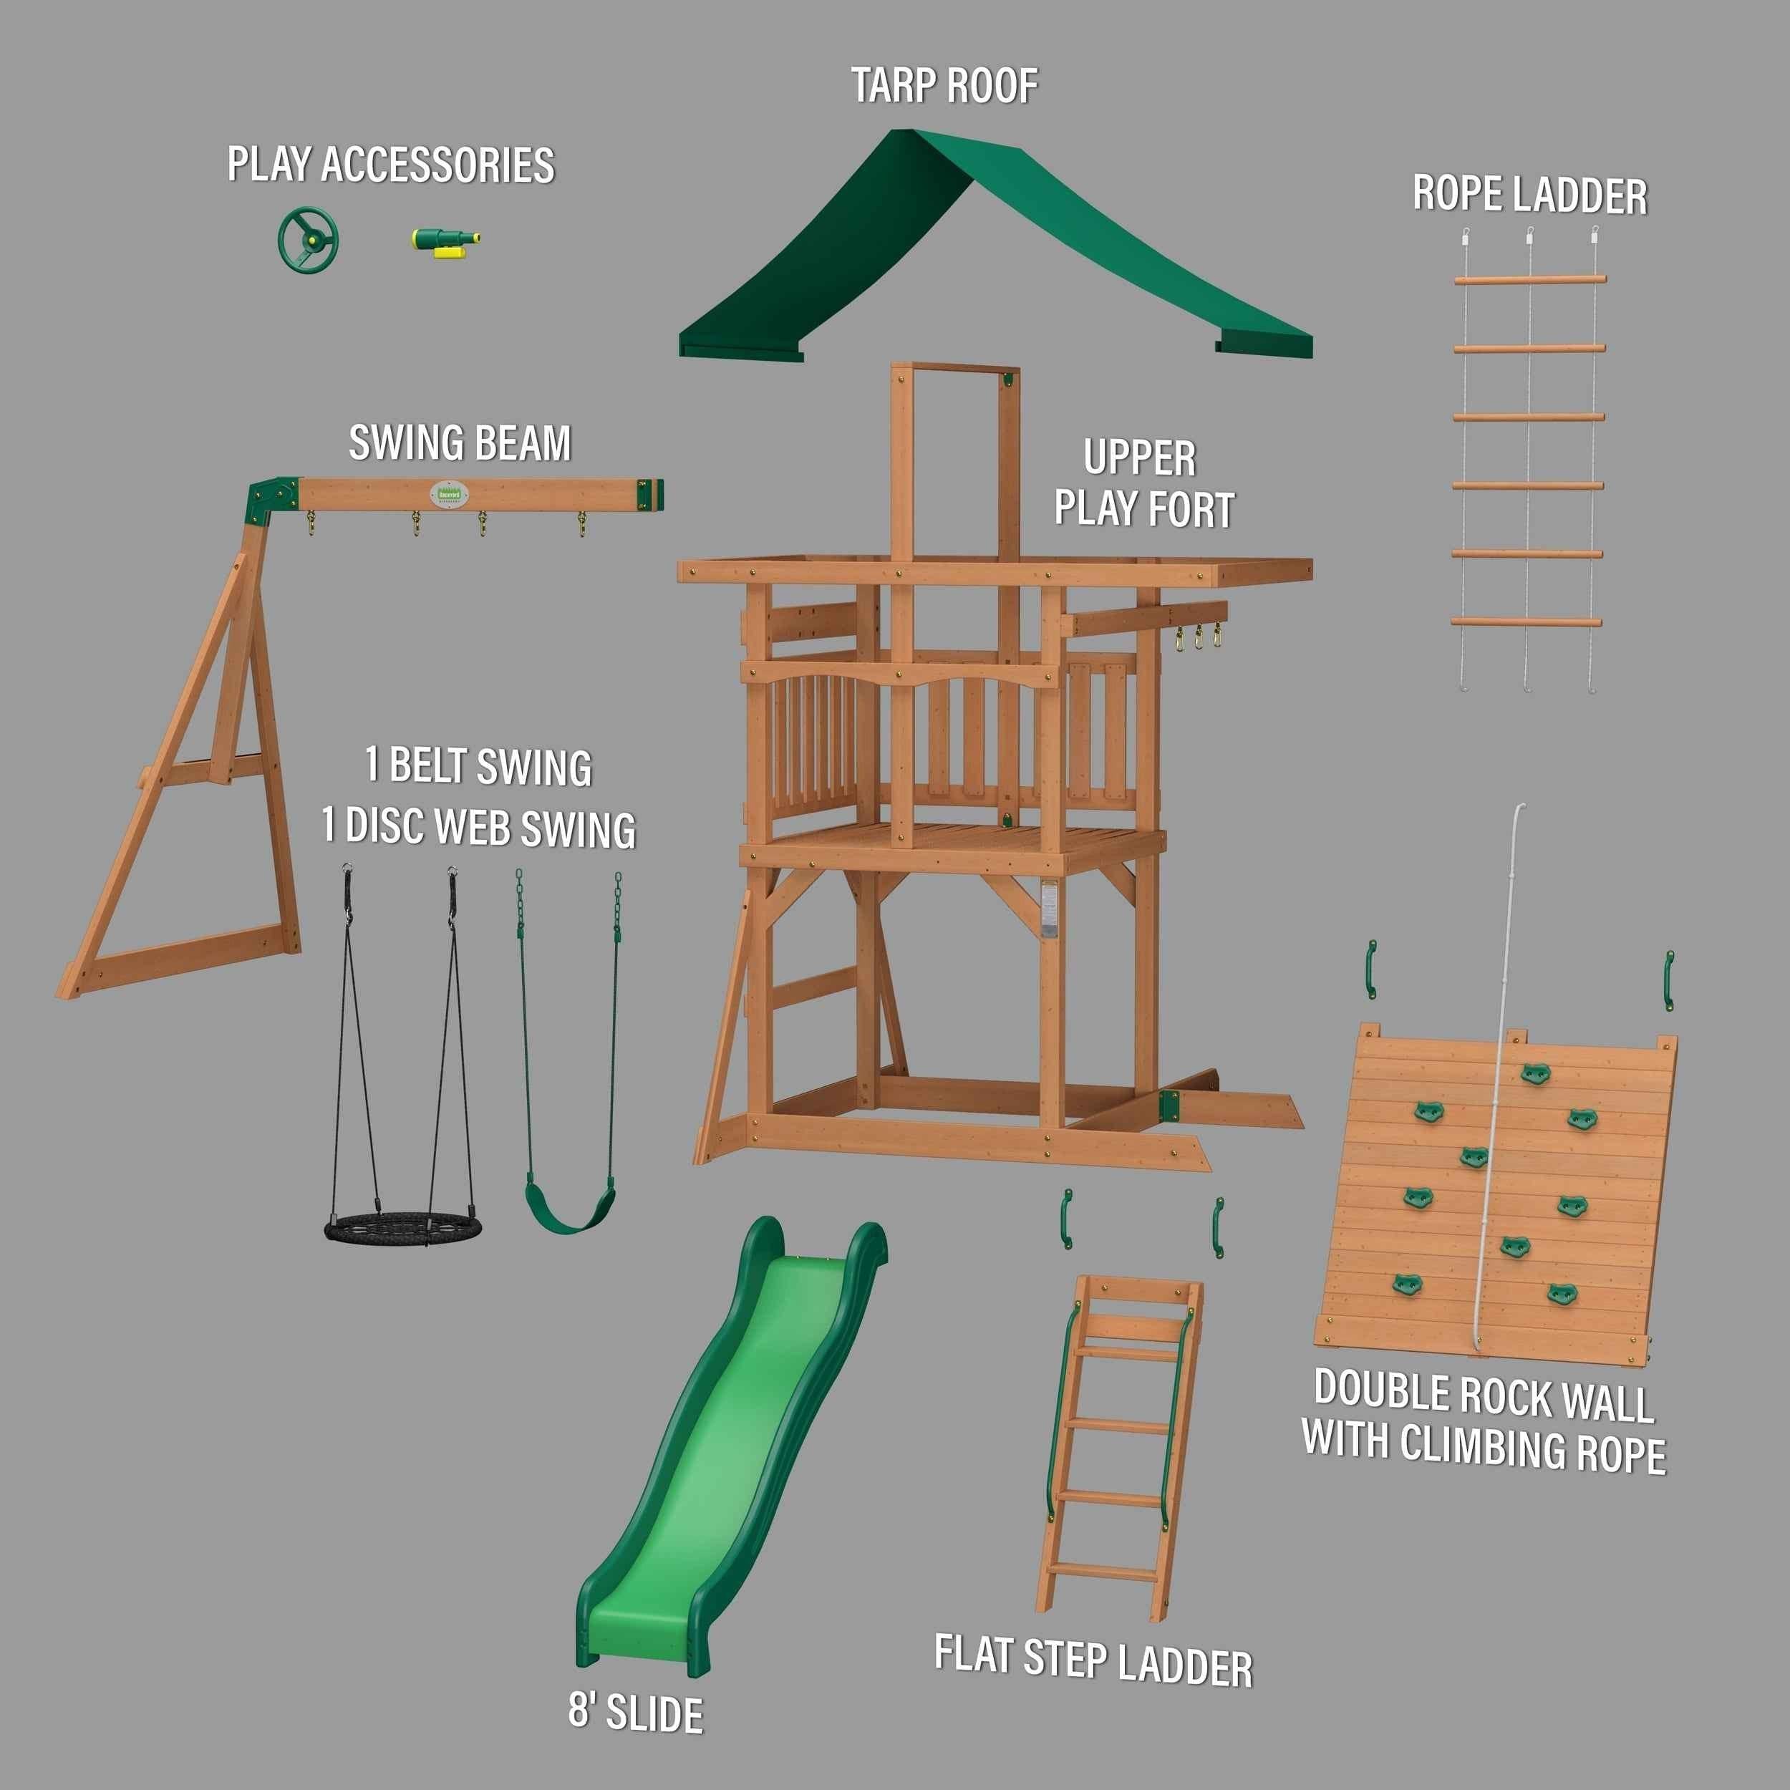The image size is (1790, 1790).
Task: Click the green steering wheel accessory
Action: tap(309, 240)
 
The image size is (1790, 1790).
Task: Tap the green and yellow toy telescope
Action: tap(443, 241)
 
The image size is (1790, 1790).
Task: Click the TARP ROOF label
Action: tap(944, 86)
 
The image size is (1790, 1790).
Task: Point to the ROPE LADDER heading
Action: tap(1529, 195)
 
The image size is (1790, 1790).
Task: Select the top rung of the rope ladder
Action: tap(1529, 278)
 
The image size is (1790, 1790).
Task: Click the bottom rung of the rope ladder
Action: tap(1526, 621)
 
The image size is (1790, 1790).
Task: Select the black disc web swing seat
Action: tap(404, 1229)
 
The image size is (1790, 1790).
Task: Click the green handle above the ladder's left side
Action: tap(1066, 1219)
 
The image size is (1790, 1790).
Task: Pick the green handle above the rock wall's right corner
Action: tap(1668, 979)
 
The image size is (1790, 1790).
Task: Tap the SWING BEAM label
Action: tap(460, 444)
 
